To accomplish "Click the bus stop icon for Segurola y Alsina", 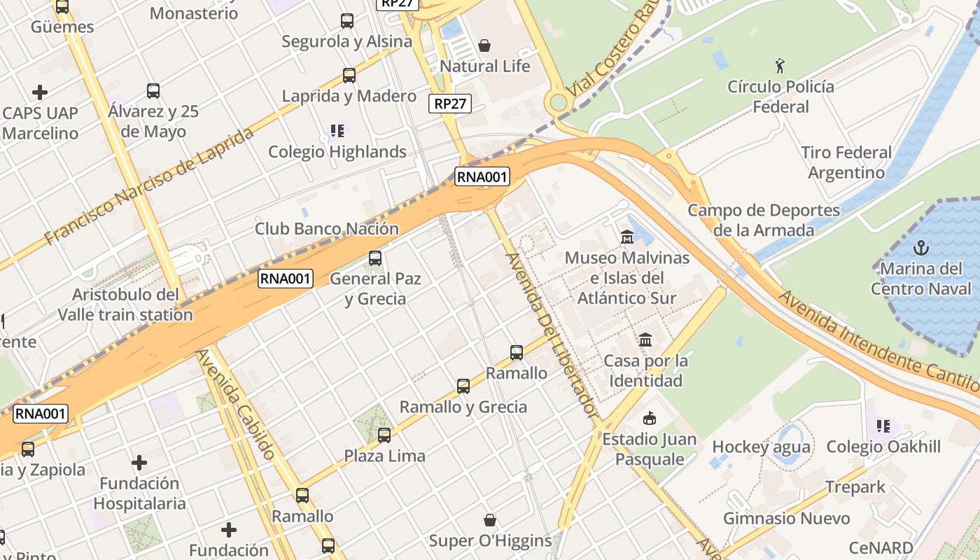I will point(347,21).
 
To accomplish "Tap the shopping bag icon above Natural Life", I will point(484,46).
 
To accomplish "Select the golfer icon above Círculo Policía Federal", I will point(780,66).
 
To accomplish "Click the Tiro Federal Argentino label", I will point(846,162).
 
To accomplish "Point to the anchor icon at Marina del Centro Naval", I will point(922,248).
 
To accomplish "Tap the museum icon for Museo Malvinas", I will point(626,237).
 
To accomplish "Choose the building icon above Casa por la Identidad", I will point(645,340).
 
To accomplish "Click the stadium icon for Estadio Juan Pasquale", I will point(650,419).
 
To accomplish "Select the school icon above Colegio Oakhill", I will point(883,426).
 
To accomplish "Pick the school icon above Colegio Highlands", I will point(337,131).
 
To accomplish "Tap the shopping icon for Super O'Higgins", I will point(490,520).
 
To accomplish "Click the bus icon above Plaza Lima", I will point(384,435).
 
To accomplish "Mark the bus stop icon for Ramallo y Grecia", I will point(463,386).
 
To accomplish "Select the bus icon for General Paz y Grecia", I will point(375,258).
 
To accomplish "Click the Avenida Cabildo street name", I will point(236,404).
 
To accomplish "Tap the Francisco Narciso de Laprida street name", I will point(148,186).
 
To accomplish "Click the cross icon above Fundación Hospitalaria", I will point(139,463).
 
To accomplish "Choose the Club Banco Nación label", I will point(326,229).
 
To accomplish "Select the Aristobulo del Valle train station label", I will point(125,304).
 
